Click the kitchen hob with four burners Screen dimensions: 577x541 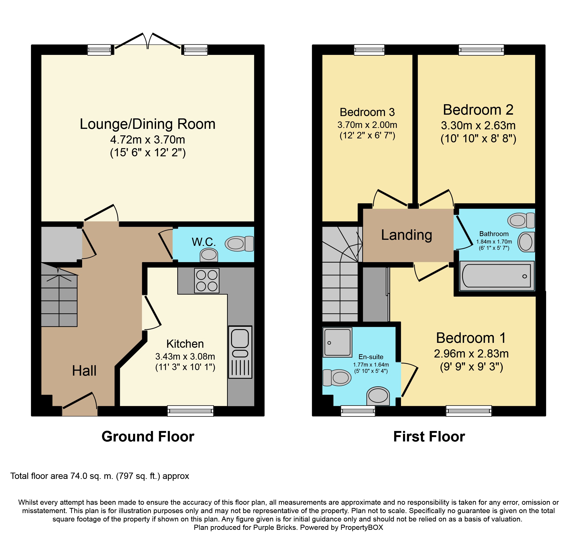point(207,281)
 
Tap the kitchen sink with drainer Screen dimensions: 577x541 point(240,352)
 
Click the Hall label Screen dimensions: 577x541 point(84,371)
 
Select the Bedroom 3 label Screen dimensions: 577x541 point(367,112)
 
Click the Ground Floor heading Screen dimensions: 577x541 point(148,437)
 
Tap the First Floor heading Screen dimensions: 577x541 point(429,437)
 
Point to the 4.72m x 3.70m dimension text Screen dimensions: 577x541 point(148,140)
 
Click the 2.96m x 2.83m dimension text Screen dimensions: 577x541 point(471,354)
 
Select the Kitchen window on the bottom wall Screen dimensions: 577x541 point(190,411)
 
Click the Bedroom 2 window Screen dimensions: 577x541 point(481,50)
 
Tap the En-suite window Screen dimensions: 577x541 point(358,411)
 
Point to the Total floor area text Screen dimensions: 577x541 point(100,476)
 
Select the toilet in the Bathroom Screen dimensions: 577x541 point(521,220)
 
